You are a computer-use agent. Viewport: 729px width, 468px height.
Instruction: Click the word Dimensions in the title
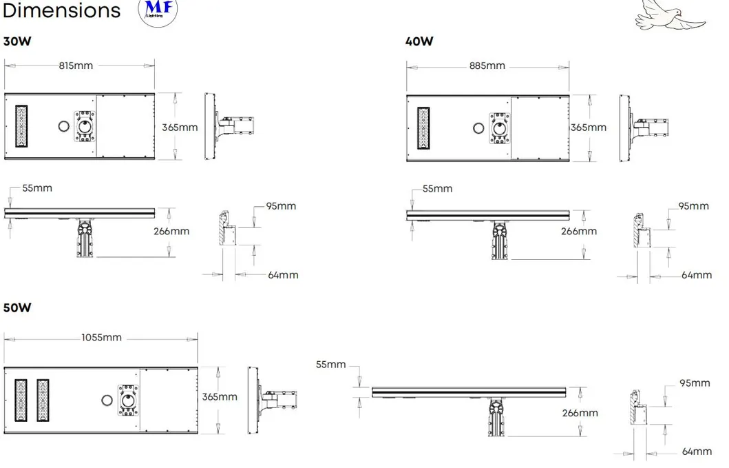pos(61,11)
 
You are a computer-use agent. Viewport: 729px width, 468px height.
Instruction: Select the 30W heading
pos(17,41)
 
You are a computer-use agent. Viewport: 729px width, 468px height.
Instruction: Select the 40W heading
pos(419,41)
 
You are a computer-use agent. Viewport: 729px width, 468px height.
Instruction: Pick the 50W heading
pos(17,307)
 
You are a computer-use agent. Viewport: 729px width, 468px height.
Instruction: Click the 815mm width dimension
pos(76,66)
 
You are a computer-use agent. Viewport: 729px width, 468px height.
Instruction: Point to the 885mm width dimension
pos(487,66)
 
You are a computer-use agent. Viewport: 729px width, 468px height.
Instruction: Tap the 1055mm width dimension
pos(101,338)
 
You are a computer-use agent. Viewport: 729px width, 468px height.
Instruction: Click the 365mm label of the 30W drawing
pos(180,128)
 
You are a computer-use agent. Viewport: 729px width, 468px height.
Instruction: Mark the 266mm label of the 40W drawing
pos(578,232)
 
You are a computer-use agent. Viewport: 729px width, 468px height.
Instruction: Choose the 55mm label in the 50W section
pos(330,365)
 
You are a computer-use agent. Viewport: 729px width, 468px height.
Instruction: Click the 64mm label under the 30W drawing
pos(283,275)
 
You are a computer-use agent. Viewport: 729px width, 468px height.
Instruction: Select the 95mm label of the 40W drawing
pos(693,206)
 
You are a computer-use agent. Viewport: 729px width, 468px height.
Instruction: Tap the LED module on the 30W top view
pos(22,126)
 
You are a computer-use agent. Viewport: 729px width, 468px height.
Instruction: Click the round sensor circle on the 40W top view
pos(478,128)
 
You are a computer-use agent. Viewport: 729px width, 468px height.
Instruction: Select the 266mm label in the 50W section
pos(580,414)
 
